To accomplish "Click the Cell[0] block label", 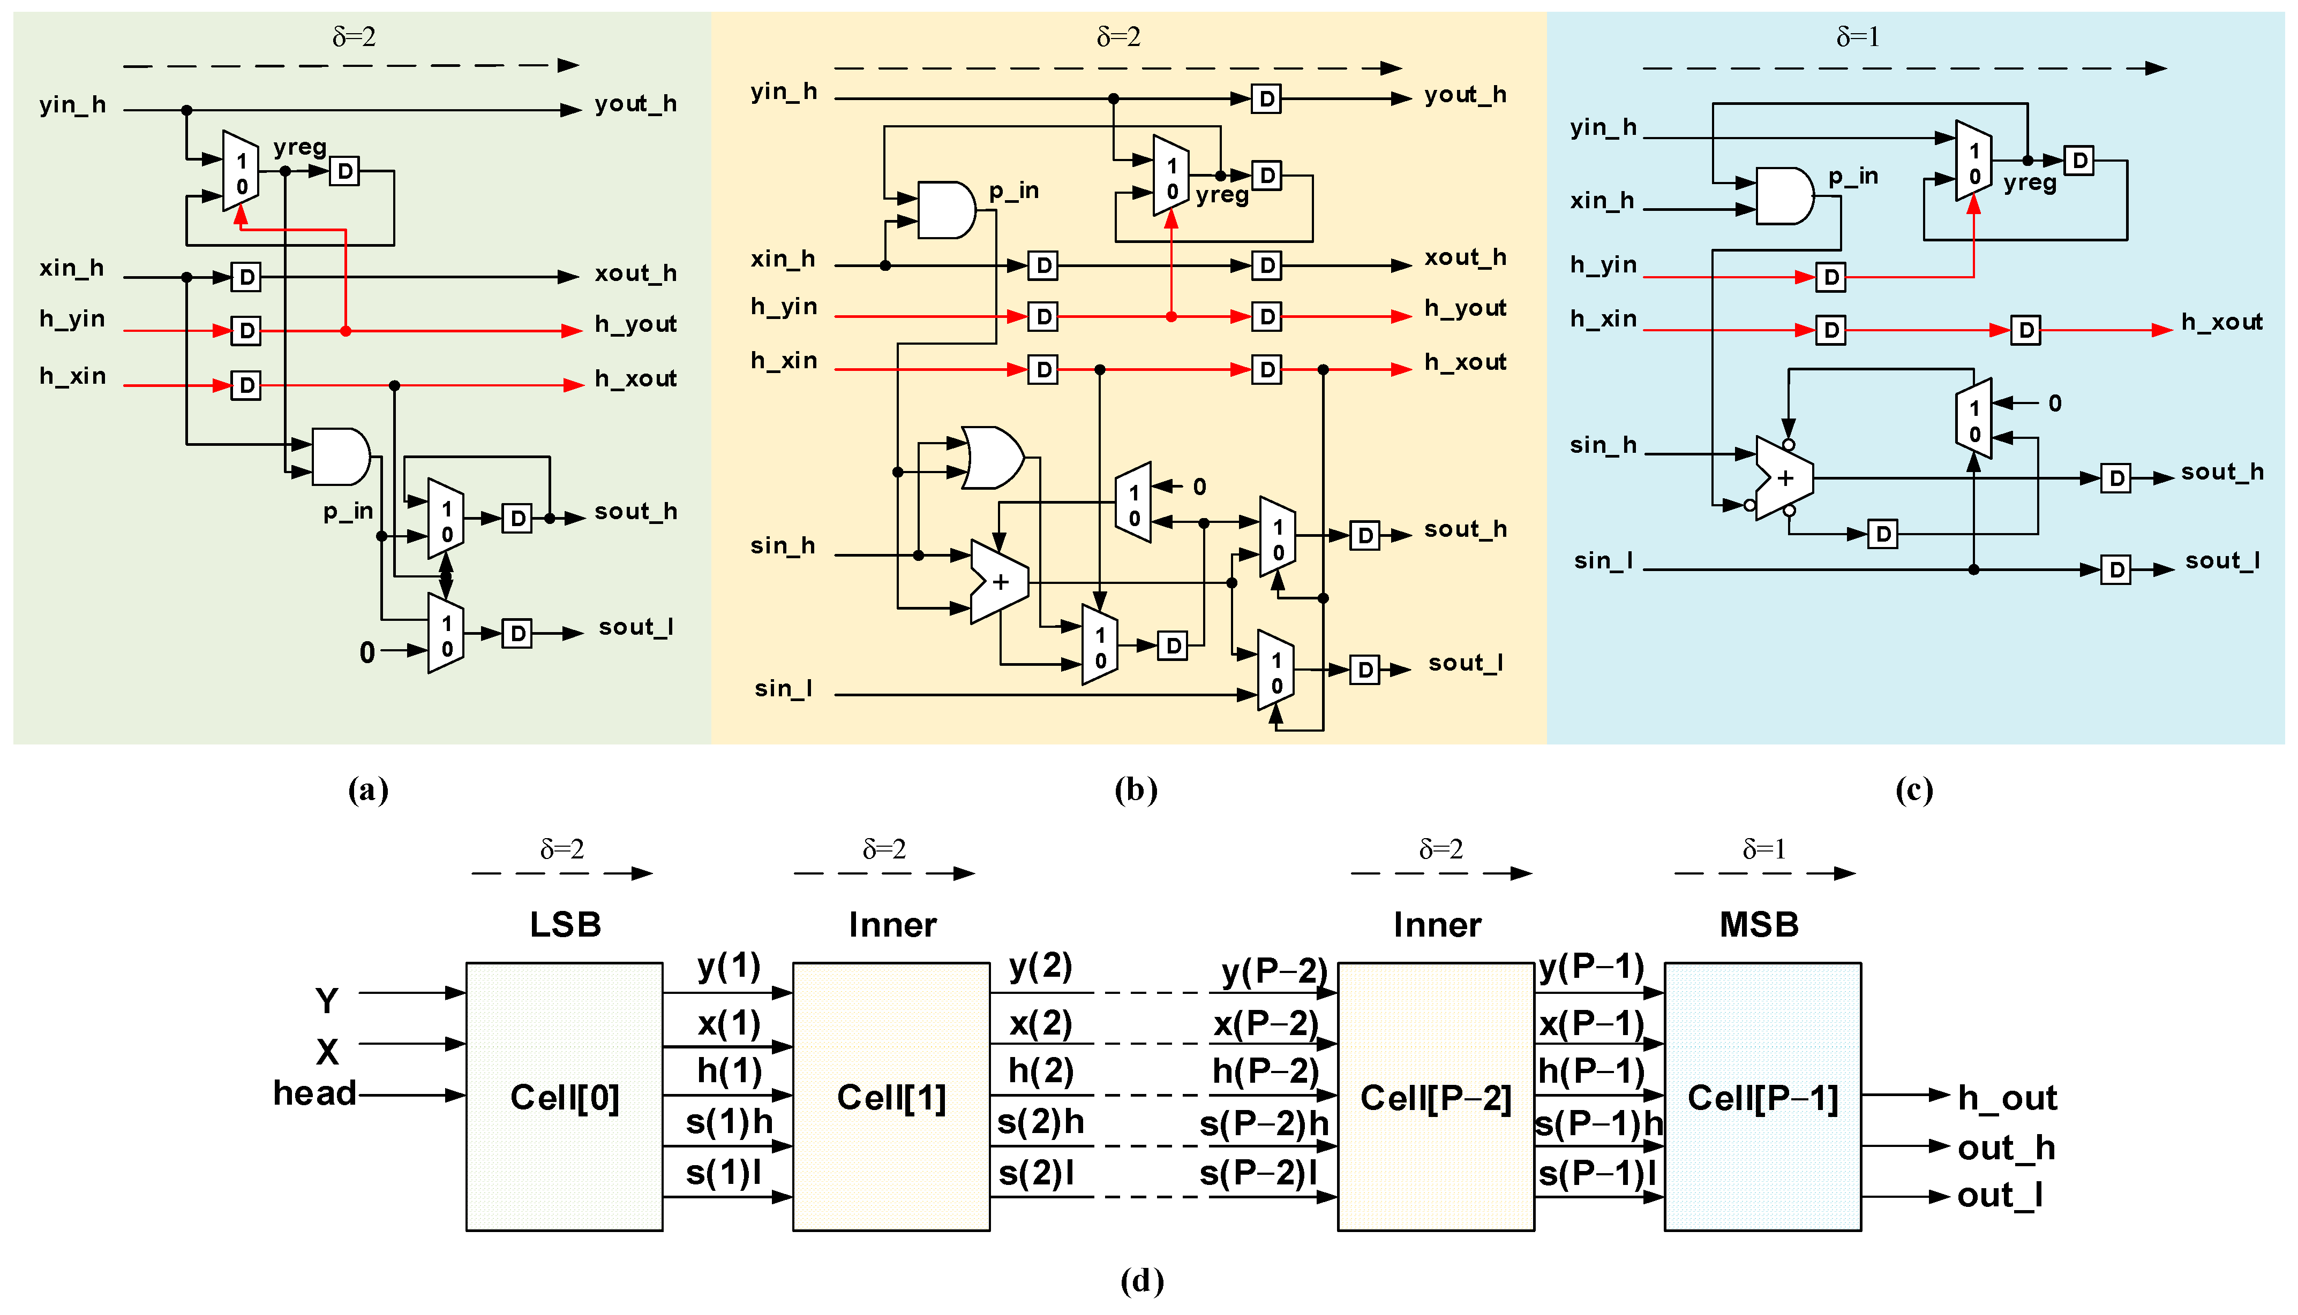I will point(565,1097).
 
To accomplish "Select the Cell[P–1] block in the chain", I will point(1762,1097).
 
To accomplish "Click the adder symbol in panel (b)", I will point(998,582).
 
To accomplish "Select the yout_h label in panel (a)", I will point(635,104).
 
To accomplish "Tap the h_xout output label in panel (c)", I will point(2221,322).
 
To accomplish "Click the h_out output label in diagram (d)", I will point(2006,1097).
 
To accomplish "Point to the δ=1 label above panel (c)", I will point(1858,37).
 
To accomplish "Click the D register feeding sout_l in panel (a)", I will point(517,633).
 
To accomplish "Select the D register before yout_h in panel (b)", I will point(1266,98).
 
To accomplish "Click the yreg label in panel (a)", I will point(300,146).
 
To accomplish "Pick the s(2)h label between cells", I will point(1040,1122).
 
